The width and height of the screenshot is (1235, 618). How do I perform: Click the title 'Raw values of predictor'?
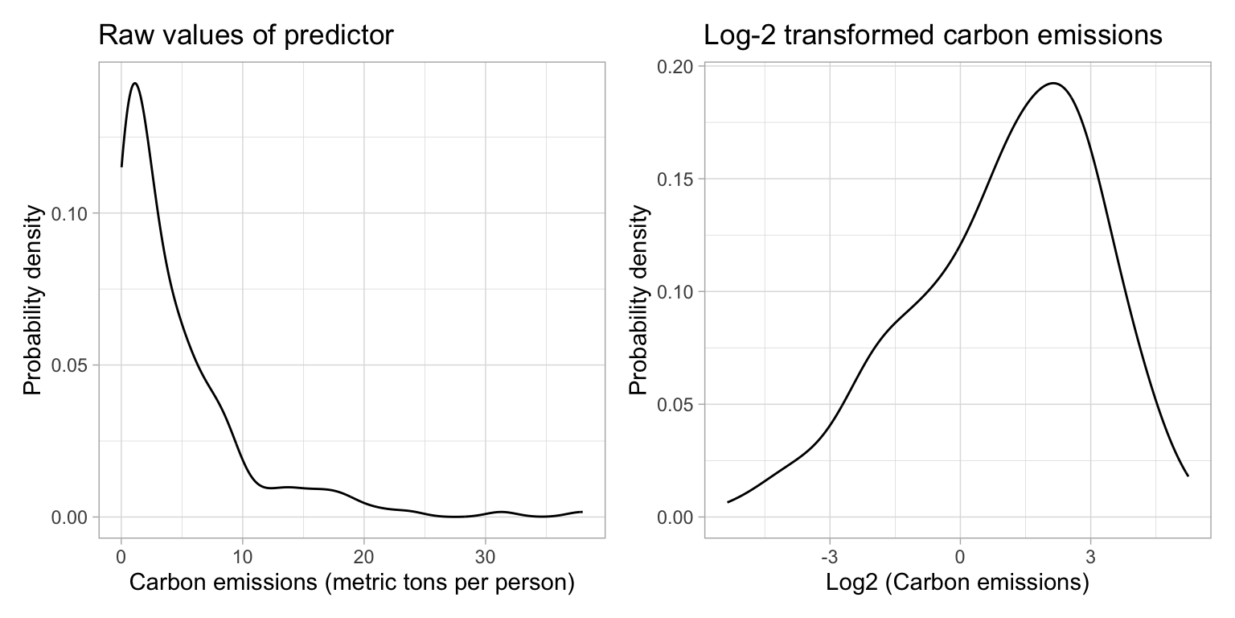point(245,35)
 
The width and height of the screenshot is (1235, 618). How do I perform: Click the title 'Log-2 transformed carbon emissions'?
point(933,35)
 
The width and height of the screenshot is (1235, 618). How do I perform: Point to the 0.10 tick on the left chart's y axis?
point(73,213)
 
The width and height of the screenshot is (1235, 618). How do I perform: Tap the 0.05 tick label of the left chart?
point(73,365)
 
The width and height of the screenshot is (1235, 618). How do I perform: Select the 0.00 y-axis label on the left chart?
point(73,517)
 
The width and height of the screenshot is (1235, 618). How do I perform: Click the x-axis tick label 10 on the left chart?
point(242,556)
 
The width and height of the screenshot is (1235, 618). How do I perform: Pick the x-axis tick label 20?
point(363,556)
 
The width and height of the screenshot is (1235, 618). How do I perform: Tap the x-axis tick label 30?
point(485,556)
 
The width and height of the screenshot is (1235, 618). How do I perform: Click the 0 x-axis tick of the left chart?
point(121,556)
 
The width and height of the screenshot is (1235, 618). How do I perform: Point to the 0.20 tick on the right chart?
point(679,66)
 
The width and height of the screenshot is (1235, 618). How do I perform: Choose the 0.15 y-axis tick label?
point(679,179)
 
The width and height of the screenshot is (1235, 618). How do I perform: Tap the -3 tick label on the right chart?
point(829,556)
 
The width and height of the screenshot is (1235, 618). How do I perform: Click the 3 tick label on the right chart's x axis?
point(1090,556)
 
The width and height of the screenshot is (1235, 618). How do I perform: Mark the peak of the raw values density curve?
point(134,83)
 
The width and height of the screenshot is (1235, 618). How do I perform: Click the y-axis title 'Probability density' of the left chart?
point(32,299)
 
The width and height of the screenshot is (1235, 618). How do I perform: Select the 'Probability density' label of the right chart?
point(638,299)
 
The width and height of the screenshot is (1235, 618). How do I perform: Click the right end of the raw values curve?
point(581,512)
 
